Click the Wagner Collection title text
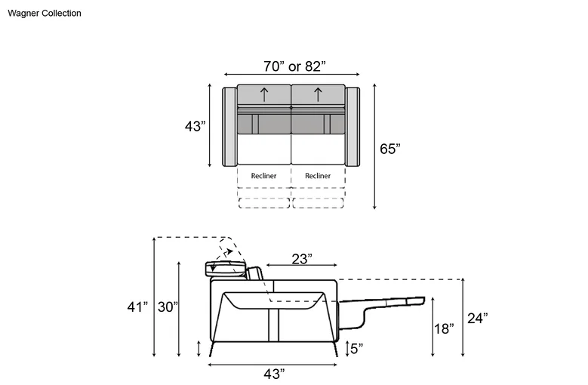click(x=45, y=13)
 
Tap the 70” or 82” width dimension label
click(x=294, y=66)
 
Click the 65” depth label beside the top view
click(x=390, y=149)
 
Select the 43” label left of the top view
click(x=195, y=126)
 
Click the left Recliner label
click(x=263, y=176)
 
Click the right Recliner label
click(x=318, y=176)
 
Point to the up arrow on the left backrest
click(x=264, y=94)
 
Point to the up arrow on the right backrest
click(x=318, y=94)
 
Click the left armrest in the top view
click(x=229, y=127)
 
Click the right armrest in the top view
click(x=352, y=127)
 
